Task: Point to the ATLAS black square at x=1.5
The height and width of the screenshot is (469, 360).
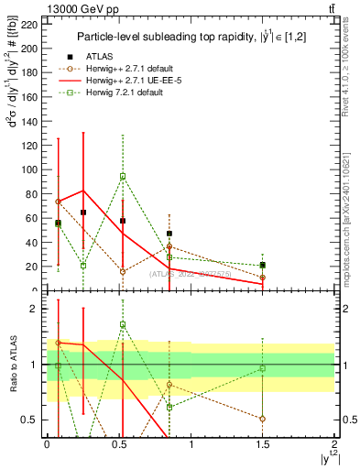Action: point(263,266)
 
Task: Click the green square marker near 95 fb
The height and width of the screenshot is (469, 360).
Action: point(123,176)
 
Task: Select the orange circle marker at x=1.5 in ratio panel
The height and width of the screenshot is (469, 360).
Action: point(263,419)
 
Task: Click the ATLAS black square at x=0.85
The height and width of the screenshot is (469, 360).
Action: point(169,234)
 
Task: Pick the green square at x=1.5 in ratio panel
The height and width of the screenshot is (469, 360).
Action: point(263,368)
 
